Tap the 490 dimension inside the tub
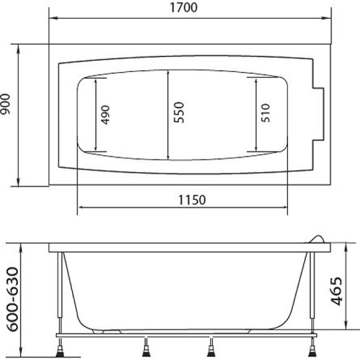tap(105, 115)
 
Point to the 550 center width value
tap(179, 115)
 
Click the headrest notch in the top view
tap(320, 115)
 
